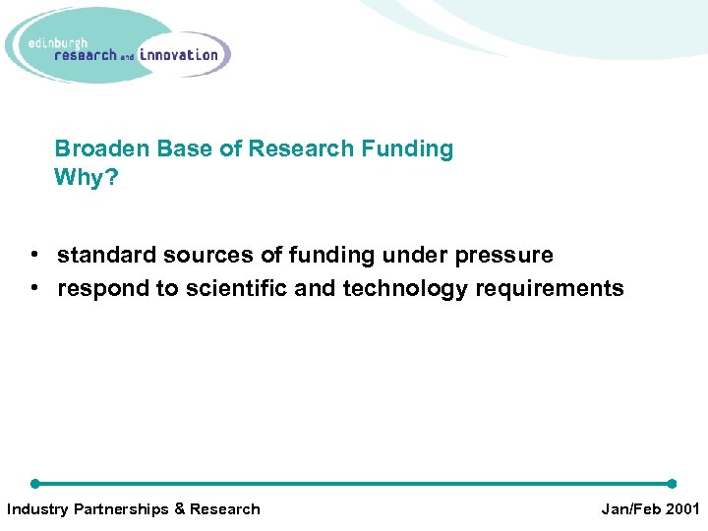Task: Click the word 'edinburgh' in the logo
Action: click(x=59, y=42)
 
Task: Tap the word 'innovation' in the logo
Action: click(x=179, y=55)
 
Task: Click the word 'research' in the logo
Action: click(x=87, y=56)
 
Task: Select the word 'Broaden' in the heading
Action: click(x=95, y=149)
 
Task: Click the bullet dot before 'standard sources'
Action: click(x=34, y=256)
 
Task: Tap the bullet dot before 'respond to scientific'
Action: click(x=34, y=289)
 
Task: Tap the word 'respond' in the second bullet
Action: click(x=98, y=289)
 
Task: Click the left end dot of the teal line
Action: click(x=35, y=484)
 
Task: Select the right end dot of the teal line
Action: click(x=672, y=484)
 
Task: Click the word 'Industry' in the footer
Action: click(x=35, y=509)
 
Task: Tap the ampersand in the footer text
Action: click(x=179, y=509)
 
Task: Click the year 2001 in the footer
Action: click(x=680, y=509)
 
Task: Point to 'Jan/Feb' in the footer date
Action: click(x=629, y=509)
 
